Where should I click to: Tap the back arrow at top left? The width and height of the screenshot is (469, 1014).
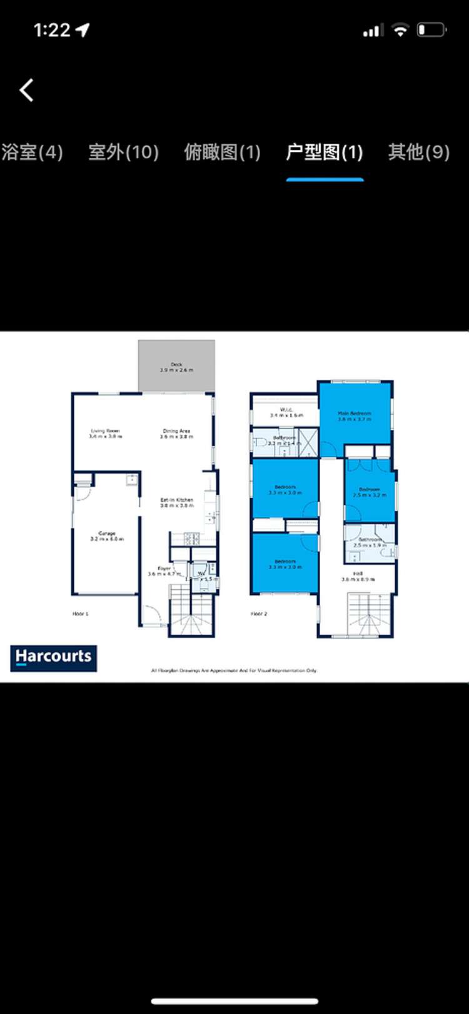pos(26,90)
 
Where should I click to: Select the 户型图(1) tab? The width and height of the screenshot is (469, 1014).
pos(325,152)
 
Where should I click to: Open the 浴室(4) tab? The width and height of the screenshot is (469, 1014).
pos(32,152)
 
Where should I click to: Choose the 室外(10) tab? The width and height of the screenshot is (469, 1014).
pos(123,152)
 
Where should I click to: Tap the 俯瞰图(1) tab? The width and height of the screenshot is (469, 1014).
pos(222,152)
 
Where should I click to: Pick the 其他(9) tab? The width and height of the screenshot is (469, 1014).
pos(418,152)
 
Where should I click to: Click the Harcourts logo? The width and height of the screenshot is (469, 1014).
pos(54,658)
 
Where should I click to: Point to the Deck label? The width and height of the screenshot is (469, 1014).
pos(176,367)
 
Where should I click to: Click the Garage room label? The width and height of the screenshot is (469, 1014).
pos(107,536)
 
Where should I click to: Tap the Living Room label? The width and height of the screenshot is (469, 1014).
pos(105,433)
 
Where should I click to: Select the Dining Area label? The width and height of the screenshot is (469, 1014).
pos(176,433)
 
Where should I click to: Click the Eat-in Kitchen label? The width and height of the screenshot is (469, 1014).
pos(176,502)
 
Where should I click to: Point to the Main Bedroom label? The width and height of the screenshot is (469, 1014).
pos(355,416)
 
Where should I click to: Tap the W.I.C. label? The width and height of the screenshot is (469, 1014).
pos(286,412)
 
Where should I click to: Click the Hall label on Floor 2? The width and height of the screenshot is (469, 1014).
pos(358,576)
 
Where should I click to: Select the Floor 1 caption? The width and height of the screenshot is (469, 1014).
pos(81,614)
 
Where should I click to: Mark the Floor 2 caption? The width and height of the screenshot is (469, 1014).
pos(259,614)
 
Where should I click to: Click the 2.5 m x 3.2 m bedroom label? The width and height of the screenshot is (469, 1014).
pos(370,492)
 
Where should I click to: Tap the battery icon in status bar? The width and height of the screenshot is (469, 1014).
pos(431,29)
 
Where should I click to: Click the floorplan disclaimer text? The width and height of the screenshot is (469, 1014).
pos(234,670)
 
